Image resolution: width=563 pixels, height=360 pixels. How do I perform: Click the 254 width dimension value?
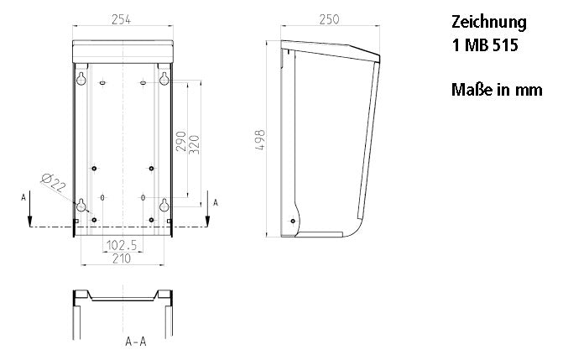tap(122, 19)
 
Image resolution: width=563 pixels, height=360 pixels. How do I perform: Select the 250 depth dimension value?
tap(329, 19)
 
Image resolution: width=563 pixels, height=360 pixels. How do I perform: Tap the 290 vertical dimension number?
tap(181, 141)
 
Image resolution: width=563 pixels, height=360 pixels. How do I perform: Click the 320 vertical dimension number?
tap(195, 144)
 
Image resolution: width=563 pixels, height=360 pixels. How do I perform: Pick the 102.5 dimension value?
tap(122, 245)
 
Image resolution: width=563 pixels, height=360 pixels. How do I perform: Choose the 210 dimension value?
tap(122, 258)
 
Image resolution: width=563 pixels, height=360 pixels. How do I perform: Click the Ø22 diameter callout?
tap(54, 183)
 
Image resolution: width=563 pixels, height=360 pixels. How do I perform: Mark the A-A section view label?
tap(136, 342)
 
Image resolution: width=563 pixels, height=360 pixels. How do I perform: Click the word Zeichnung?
tap(489, 23)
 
